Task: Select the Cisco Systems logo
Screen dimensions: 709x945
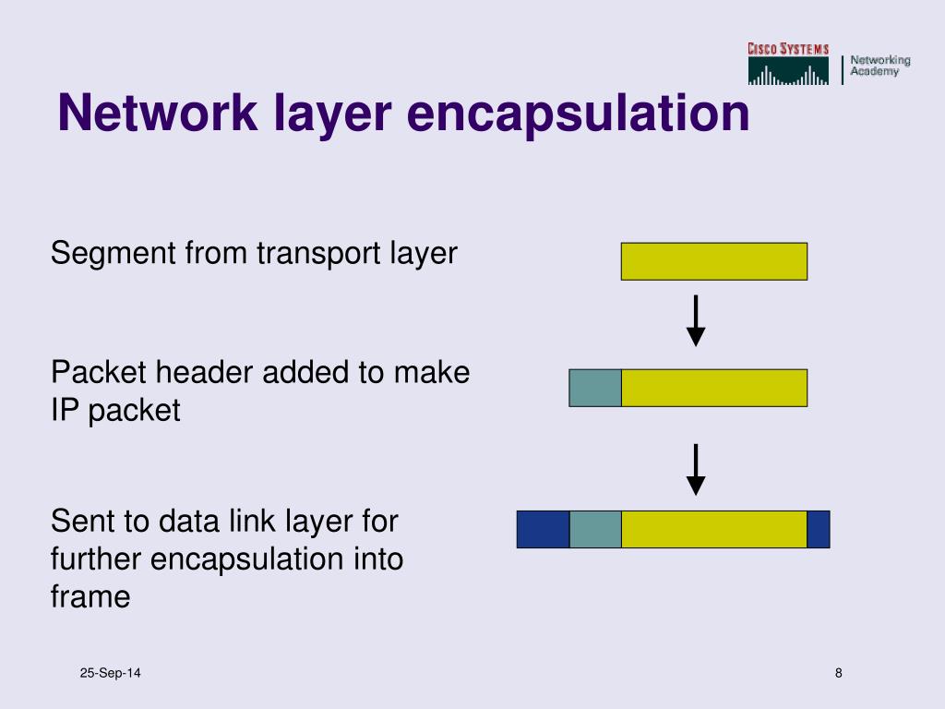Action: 788,64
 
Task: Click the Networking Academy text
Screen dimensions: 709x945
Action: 879,66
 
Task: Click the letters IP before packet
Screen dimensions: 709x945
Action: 64,411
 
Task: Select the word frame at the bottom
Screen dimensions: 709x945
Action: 90,597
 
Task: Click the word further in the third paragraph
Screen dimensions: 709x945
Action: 95,559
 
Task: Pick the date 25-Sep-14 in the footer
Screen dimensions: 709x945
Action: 110,673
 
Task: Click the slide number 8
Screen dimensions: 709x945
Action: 838,673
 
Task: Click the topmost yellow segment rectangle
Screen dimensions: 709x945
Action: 713,261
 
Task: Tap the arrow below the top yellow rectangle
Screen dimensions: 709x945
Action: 696,321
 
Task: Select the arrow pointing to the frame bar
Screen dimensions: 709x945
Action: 696,470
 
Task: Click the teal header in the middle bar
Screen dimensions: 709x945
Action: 595,388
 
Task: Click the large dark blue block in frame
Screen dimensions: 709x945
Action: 543,529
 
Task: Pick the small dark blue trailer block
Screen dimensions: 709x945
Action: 818,529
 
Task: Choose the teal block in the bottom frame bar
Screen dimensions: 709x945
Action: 595,529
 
